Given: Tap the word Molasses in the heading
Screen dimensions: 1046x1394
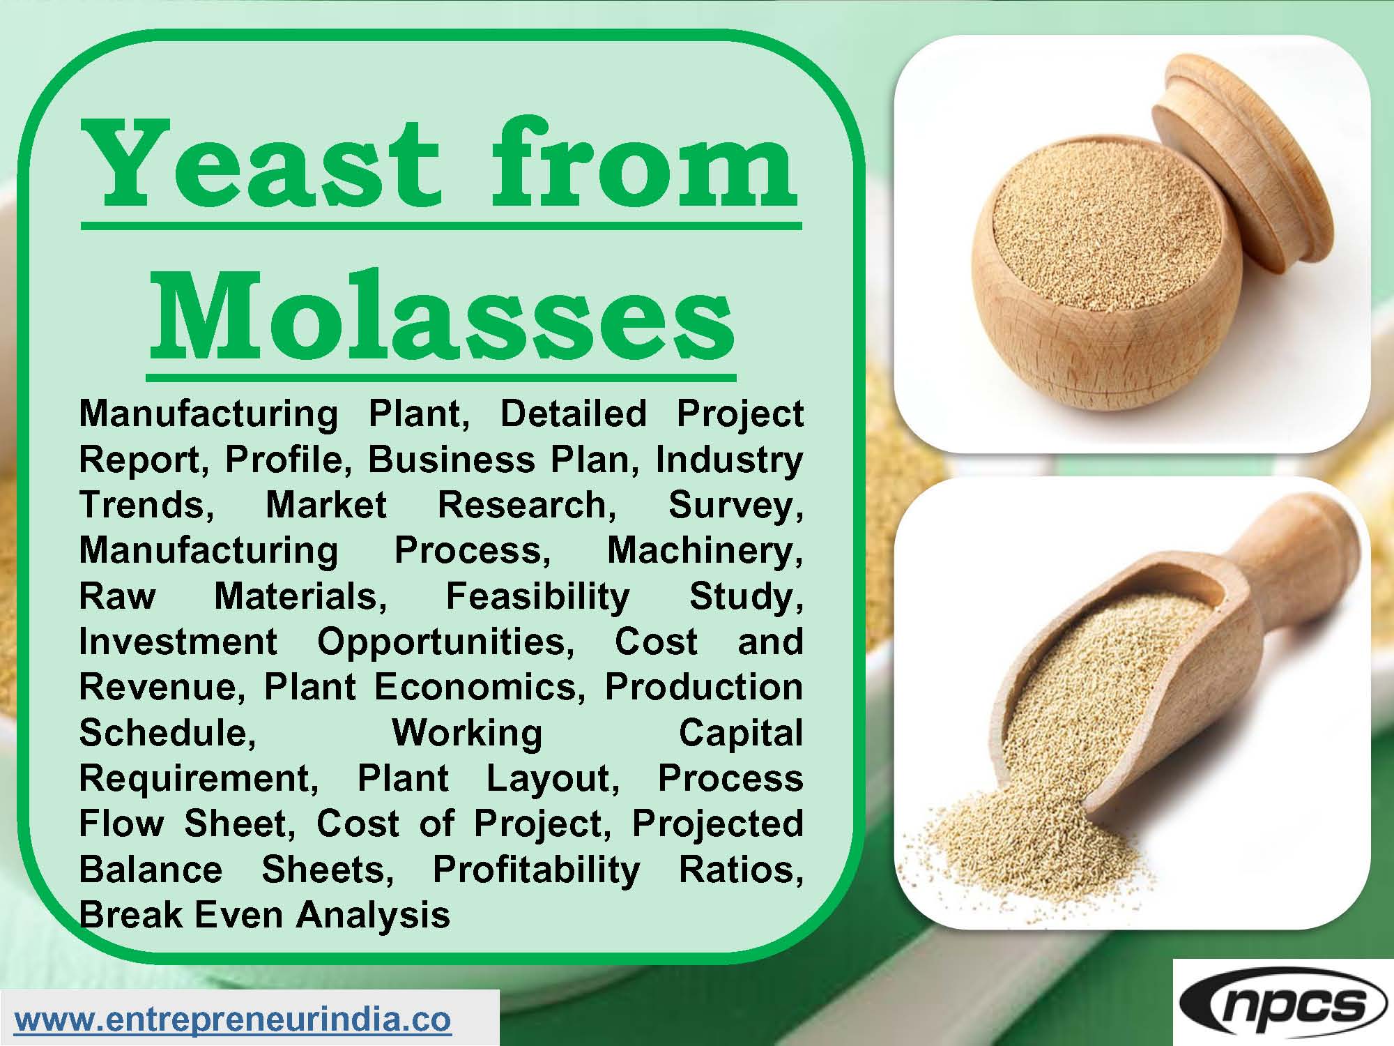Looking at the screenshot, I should coord(442,317).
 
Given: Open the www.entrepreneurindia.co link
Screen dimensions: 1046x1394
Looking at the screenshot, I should coord(233,1020).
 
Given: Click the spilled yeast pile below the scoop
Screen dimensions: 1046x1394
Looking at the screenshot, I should coord(1032,837).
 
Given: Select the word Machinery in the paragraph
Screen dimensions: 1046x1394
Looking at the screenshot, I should coord(705,551).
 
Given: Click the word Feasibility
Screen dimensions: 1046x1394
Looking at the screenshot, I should coord(537,597).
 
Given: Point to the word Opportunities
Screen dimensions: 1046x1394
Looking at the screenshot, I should coord(446,642).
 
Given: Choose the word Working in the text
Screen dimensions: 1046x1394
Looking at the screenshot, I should coord(467,733).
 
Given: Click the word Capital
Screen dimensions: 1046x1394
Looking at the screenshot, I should coord(740,733).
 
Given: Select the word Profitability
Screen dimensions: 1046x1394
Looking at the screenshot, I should coord(536,870).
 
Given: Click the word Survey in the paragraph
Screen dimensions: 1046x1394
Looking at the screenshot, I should coord(735,506).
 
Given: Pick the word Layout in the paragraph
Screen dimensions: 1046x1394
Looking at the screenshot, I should coord(553,778).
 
